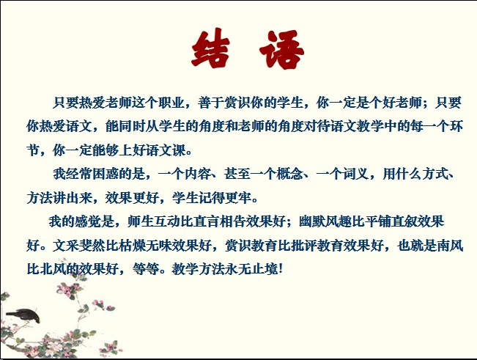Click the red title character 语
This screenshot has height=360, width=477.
click(281, 49)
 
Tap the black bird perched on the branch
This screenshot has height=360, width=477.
click(23, 315)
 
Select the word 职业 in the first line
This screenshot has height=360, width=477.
click(171, 103)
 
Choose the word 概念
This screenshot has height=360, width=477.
click(289, 174)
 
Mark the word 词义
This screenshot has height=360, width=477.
click(356, 174)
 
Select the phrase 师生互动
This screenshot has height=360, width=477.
click(154, 221)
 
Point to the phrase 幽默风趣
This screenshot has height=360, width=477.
click(325, 221)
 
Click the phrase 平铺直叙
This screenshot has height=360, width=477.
click(391, 221)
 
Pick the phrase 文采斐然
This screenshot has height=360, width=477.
click(79, 246)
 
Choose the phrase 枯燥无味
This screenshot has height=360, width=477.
click(145, 246)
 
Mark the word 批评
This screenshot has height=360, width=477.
click(305, 246)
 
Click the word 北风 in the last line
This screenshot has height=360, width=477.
click(53, 269)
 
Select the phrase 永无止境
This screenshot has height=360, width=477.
click(251, 269)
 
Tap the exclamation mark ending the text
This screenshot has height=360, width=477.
click(281, 269)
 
